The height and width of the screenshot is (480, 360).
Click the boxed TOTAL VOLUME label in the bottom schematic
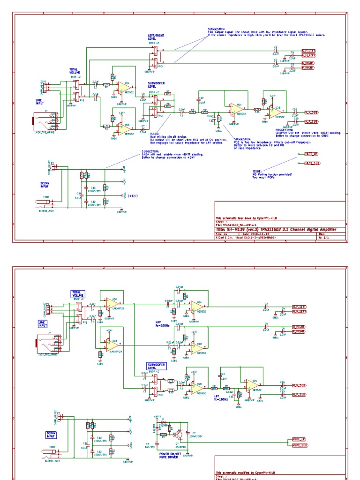coord(77,294)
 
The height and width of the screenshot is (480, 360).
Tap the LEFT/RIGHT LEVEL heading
coord(156,37)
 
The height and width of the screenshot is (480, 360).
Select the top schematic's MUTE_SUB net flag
coord(312,163)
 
